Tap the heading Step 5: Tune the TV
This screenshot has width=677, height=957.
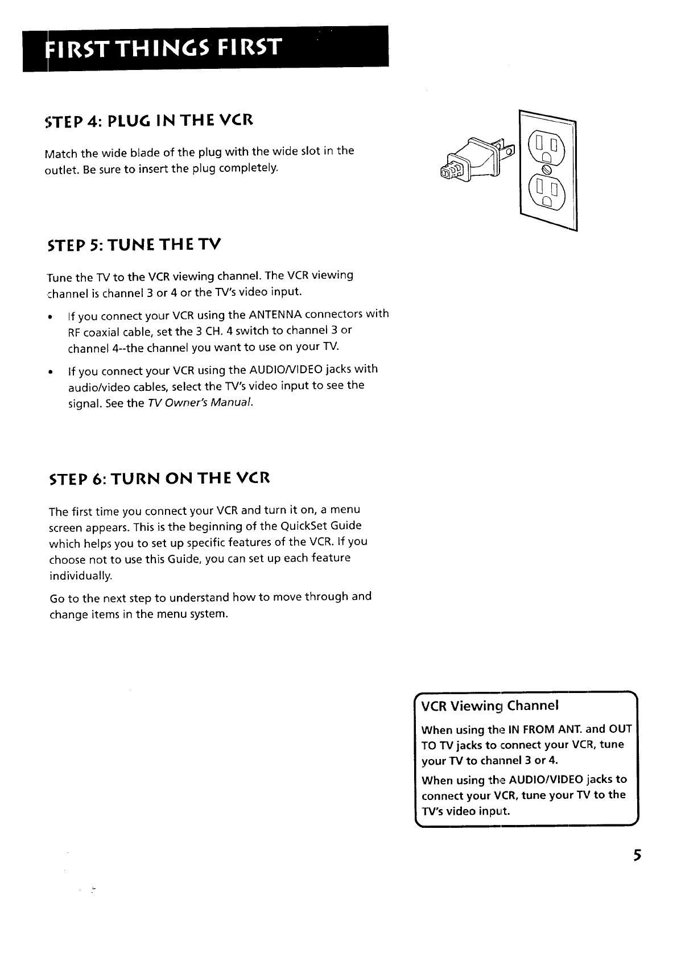coord(135,245)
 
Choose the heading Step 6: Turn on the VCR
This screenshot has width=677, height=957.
coord(159,478)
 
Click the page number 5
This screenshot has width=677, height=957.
coord(638,856)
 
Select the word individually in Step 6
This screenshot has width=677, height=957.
coord(81,576)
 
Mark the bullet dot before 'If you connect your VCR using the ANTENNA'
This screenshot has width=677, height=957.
coord(51,317)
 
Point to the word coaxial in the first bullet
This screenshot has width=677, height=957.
coord(101,331)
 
